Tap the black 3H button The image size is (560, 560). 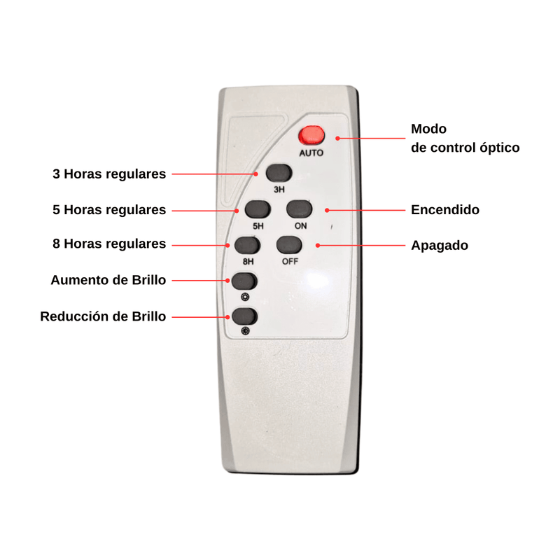coord(278,173)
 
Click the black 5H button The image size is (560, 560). coord(258,209)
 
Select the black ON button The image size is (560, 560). coord(300,209)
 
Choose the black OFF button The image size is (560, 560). coord(289,246)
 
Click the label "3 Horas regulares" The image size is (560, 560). coord(109,174)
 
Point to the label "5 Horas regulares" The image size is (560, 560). coord(109,210)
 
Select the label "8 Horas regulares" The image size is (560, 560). coord(109,244)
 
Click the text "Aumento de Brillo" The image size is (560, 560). coord(108,280)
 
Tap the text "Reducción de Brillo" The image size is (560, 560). coord(104,316)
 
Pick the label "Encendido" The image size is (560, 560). coord(445,210)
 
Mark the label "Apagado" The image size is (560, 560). coord(440,246)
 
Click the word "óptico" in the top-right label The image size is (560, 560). coord(496,148)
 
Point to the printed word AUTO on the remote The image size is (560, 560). coord(311,153)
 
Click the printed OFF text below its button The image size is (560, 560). coord(290,262)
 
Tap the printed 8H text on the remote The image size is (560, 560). coord(248,262)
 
